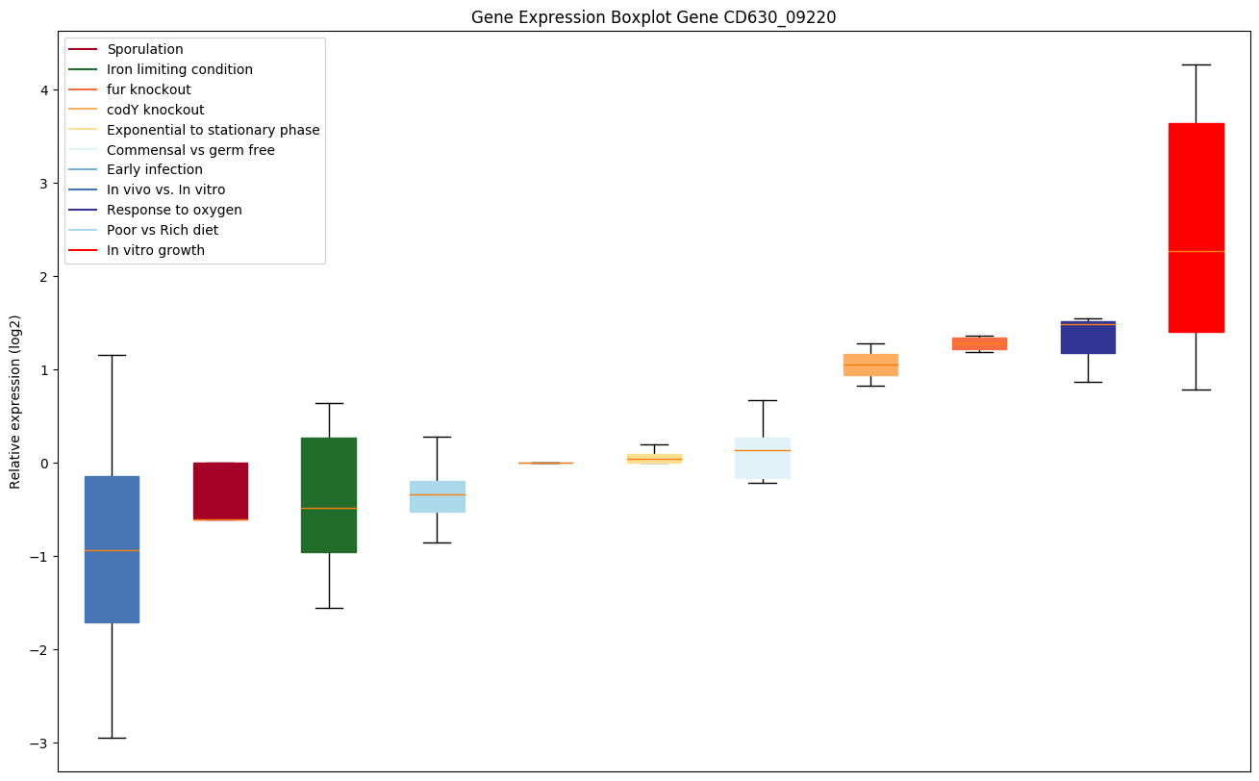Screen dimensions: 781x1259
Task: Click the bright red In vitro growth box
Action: [1196, 227]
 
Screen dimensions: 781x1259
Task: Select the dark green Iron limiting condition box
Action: [329, 494]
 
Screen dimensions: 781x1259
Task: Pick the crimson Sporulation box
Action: [220, 491]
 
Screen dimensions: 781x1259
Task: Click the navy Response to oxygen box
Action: [1088, 337]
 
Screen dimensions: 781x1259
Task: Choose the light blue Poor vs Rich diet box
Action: [438, 496]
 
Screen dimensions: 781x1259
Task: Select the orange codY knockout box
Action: [870, 365]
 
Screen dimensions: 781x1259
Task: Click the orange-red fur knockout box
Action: [979, 343]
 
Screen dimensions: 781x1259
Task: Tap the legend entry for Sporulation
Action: [145, 49]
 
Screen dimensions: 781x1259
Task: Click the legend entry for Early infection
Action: [155, 170]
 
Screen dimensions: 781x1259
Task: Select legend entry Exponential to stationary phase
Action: [213, 130]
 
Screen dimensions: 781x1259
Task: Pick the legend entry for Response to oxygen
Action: [174, 210]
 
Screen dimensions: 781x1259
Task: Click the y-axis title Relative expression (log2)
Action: [15, 401]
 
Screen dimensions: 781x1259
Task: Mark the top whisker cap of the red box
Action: [1196, 64]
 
